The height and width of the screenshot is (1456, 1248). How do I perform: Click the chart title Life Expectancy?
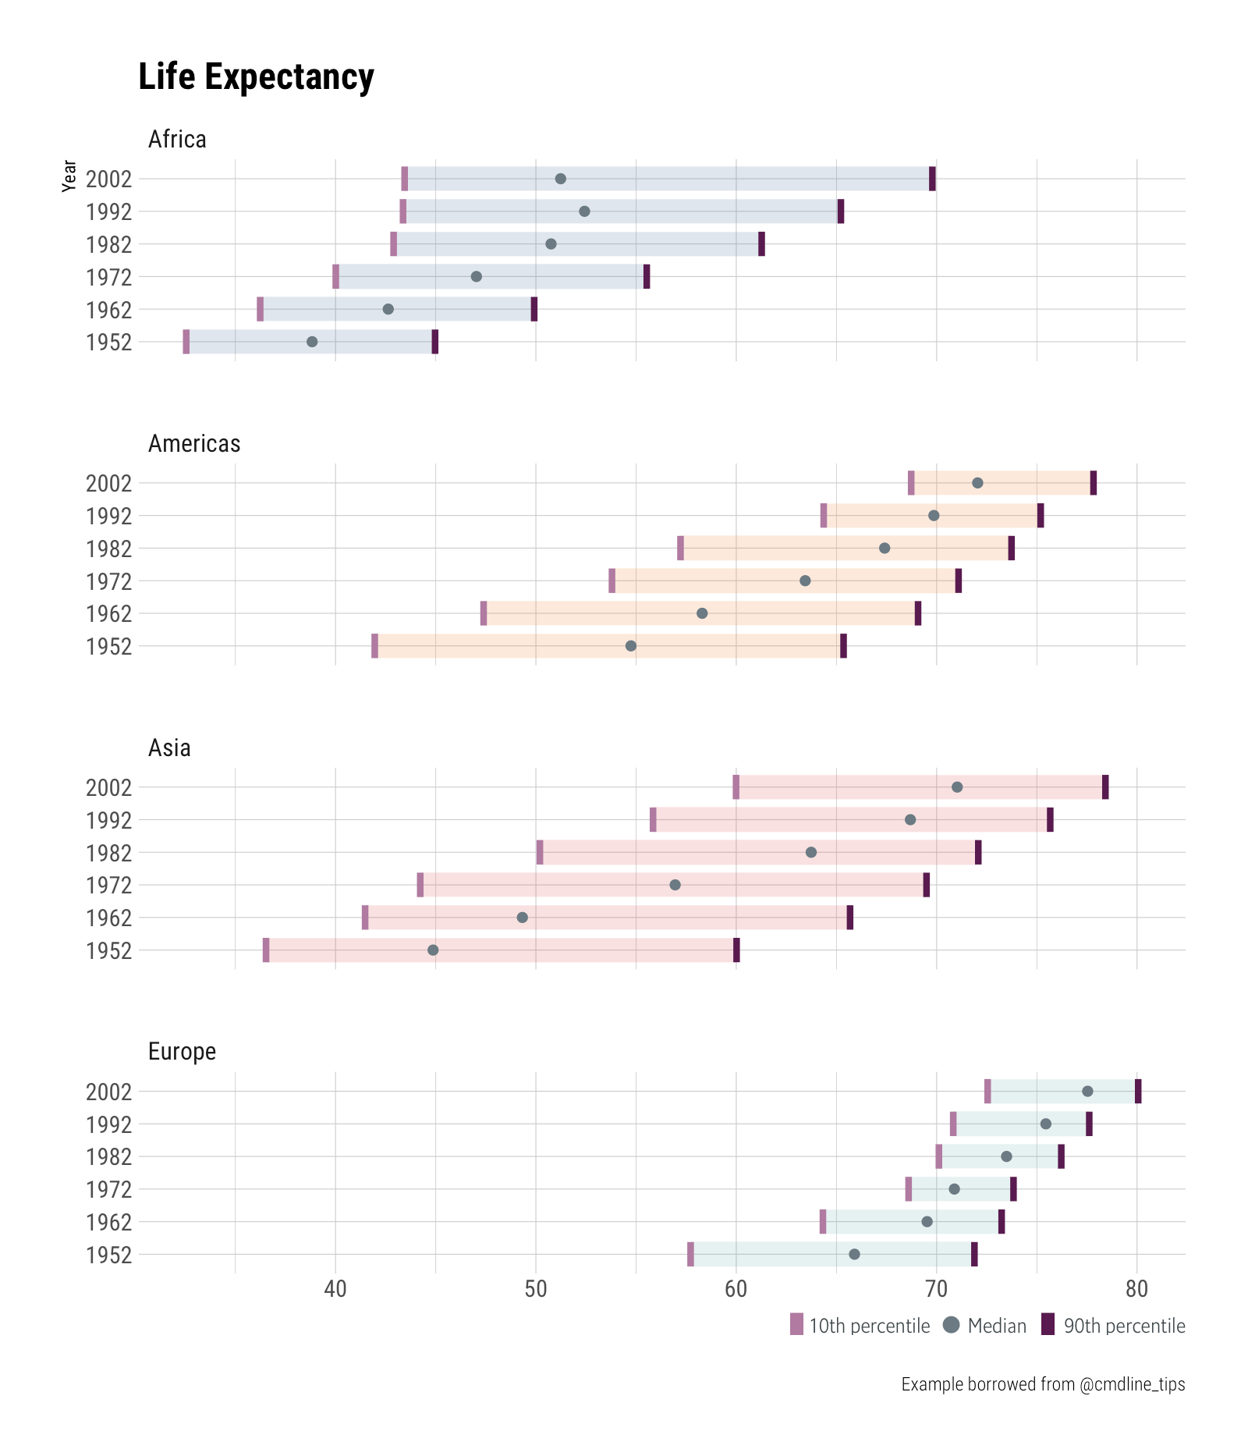256,77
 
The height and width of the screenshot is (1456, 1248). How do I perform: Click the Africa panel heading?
177,140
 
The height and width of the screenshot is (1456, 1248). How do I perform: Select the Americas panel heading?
194,444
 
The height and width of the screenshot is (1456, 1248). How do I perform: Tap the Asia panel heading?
169,748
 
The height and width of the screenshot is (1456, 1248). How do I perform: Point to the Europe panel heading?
182,1052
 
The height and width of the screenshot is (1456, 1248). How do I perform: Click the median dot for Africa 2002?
560,179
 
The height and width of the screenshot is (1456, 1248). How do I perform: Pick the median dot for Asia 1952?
433,950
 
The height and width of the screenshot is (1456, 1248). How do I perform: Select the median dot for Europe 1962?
927,1221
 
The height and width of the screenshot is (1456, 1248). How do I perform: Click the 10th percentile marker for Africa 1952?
186,342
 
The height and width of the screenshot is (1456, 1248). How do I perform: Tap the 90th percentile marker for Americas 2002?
1094,483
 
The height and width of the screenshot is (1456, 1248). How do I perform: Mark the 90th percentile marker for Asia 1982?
978,852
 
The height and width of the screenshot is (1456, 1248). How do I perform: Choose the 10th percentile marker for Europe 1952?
690,1254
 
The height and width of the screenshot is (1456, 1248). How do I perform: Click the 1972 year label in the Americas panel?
108,581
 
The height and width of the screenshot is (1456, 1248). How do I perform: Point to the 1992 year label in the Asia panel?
108,820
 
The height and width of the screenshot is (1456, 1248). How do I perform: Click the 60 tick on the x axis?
736,1288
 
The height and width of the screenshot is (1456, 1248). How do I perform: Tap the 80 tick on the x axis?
1136,1288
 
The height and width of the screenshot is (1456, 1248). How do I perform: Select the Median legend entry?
985,1326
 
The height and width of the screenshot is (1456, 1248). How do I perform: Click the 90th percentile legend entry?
1114,1326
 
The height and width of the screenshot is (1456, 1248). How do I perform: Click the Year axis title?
69,176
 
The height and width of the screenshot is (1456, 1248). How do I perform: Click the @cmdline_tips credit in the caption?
1132,1384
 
